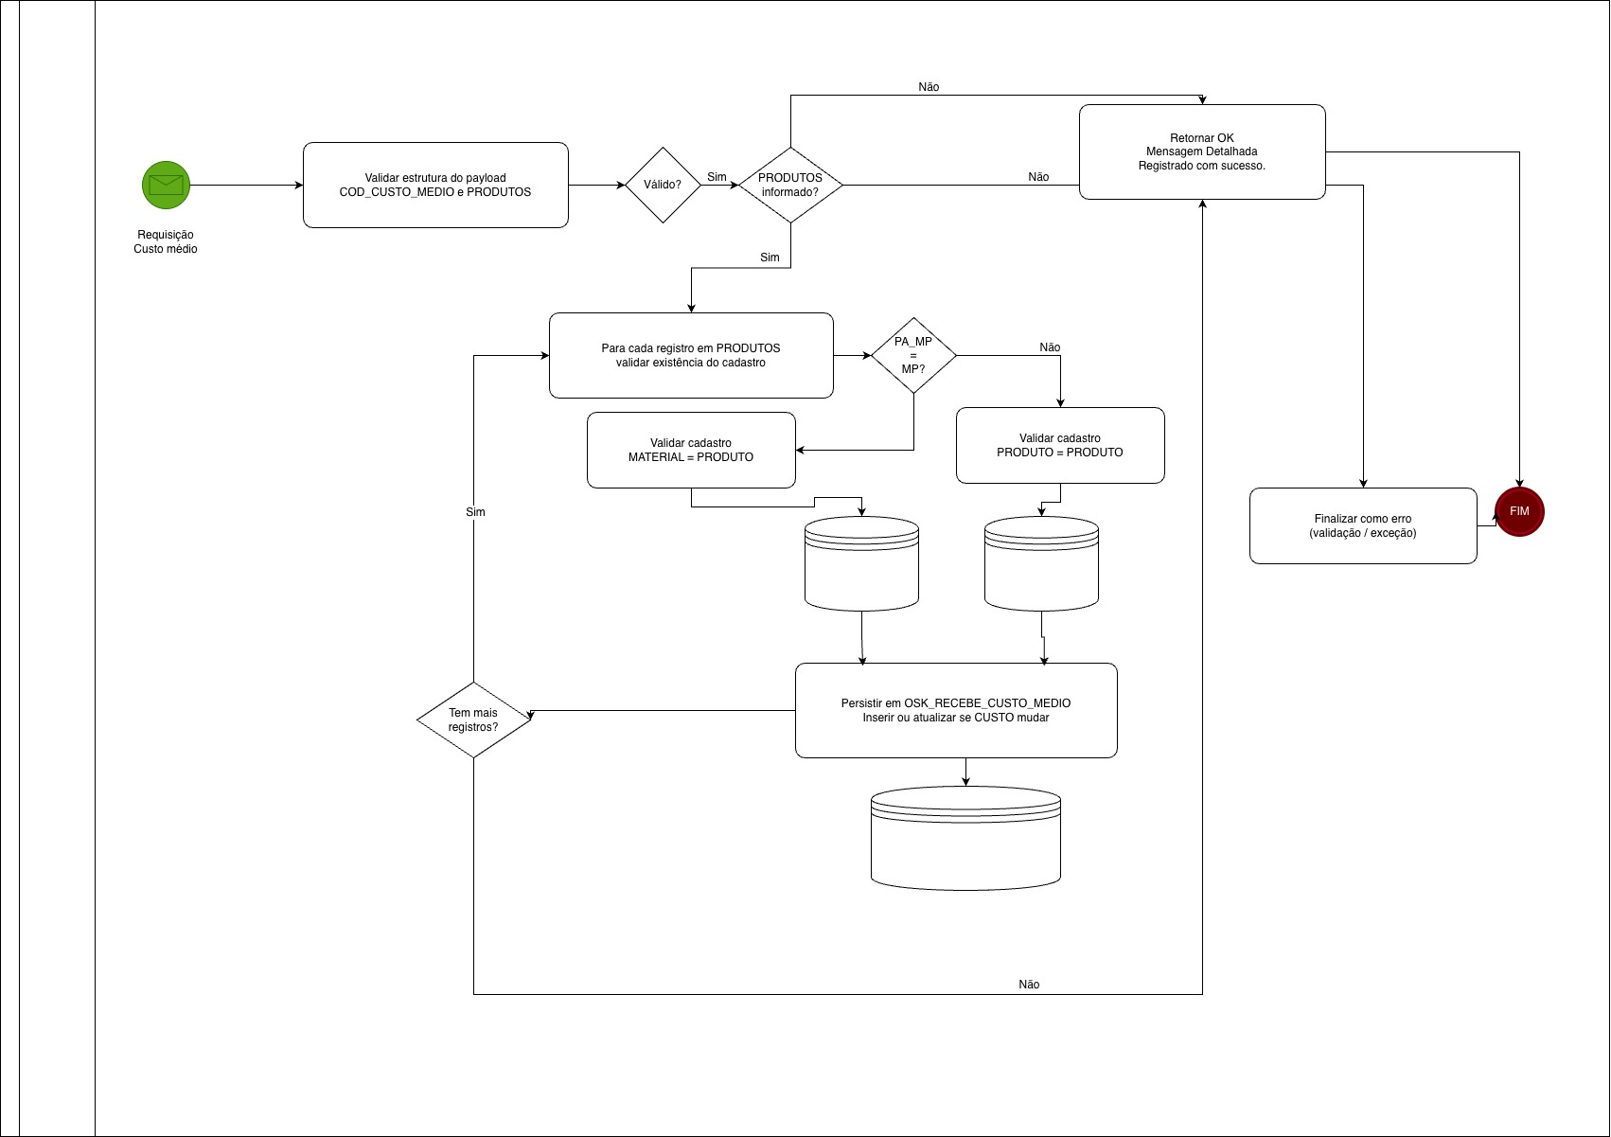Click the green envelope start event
point(166,185)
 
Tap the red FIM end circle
point(1519,511)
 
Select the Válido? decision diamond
point(663,185)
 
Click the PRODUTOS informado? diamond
point(790,185)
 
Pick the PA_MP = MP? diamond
point(913,355)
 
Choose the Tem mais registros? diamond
point(473,720)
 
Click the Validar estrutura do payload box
point(435,185)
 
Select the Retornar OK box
point(1202,151)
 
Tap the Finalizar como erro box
point(1363,525)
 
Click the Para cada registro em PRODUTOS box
point(691,355)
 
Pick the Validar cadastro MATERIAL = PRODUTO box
point(691,450)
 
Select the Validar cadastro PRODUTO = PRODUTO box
point(1060,445)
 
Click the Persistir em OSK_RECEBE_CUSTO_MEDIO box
point(956,710)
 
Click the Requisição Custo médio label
point(166,241)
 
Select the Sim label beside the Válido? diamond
point(717,177)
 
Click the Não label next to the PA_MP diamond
point(1050,347)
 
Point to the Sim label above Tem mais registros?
point(475,512)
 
